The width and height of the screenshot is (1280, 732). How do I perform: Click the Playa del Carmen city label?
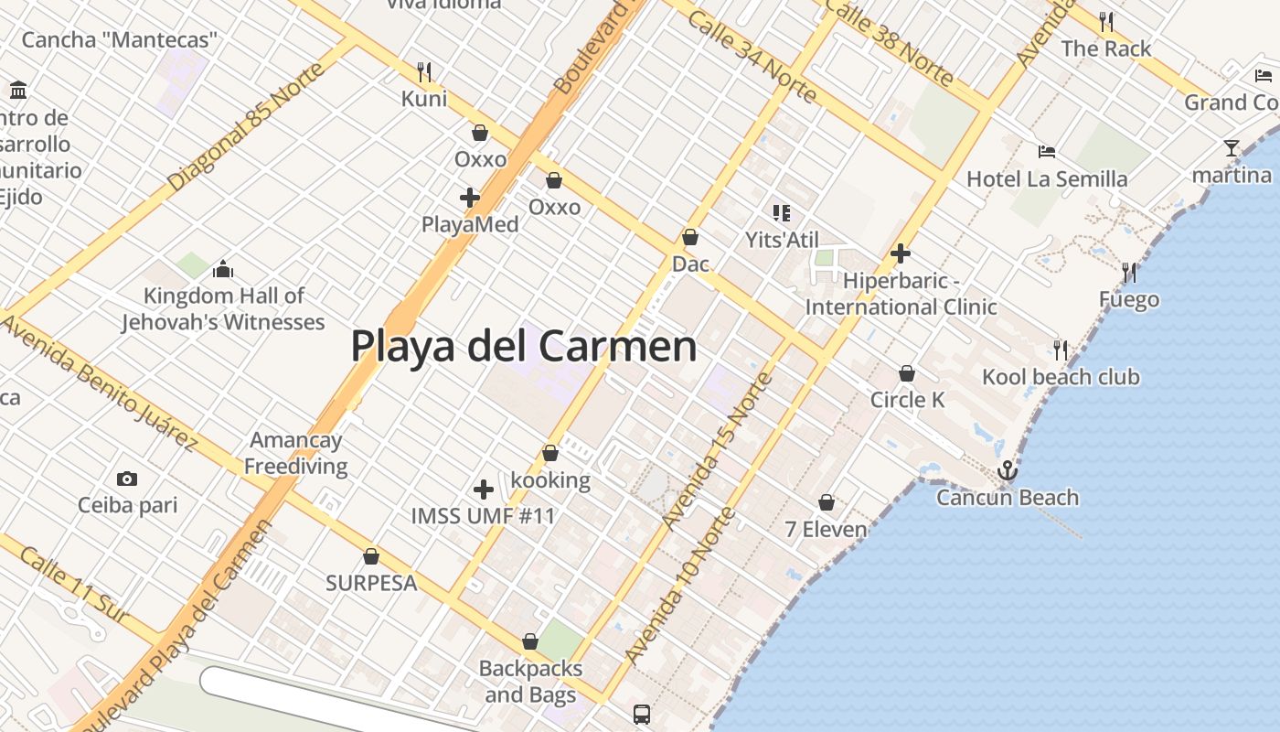(x=524, y=347)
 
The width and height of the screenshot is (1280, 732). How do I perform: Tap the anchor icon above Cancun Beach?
(x=1007, y=470)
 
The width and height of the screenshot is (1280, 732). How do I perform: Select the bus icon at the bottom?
(x=642, y=714)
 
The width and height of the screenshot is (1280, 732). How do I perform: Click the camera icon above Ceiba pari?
(x=127, y=479)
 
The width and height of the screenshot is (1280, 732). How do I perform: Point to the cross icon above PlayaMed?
(x=470, y=197)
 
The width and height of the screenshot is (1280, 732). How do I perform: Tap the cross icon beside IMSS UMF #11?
(x=484, y=490)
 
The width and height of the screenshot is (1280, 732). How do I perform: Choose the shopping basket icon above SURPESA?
(x=371, y=556)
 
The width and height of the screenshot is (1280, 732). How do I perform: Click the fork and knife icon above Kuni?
(x=424, y=71)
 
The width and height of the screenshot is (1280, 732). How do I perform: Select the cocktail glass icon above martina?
(x=1232, y=148)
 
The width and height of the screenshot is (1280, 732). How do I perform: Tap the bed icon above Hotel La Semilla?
(x=1047, y=152)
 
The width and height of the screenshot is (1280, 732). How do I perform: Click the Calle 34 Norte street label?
(x=752, y=57)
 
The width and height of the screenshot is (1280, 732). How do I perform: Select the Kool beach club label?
(x=1061, y=377)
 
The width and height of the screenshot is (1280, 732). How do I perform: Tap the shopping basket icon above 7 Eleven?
(x=827, y=503)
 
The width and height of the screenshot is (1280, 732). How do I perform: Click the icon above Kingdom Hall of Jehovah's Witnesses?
(x=222, y=269)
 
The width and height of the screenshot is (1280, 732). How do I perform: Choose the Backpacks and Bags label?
(x=530, y=682)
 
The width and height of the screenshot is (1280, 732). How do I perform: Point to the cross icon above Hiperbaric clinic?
(x=901, y=253)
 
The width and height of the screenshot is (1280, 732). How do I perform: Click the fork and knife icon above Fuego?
(x=1129, y=273)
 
